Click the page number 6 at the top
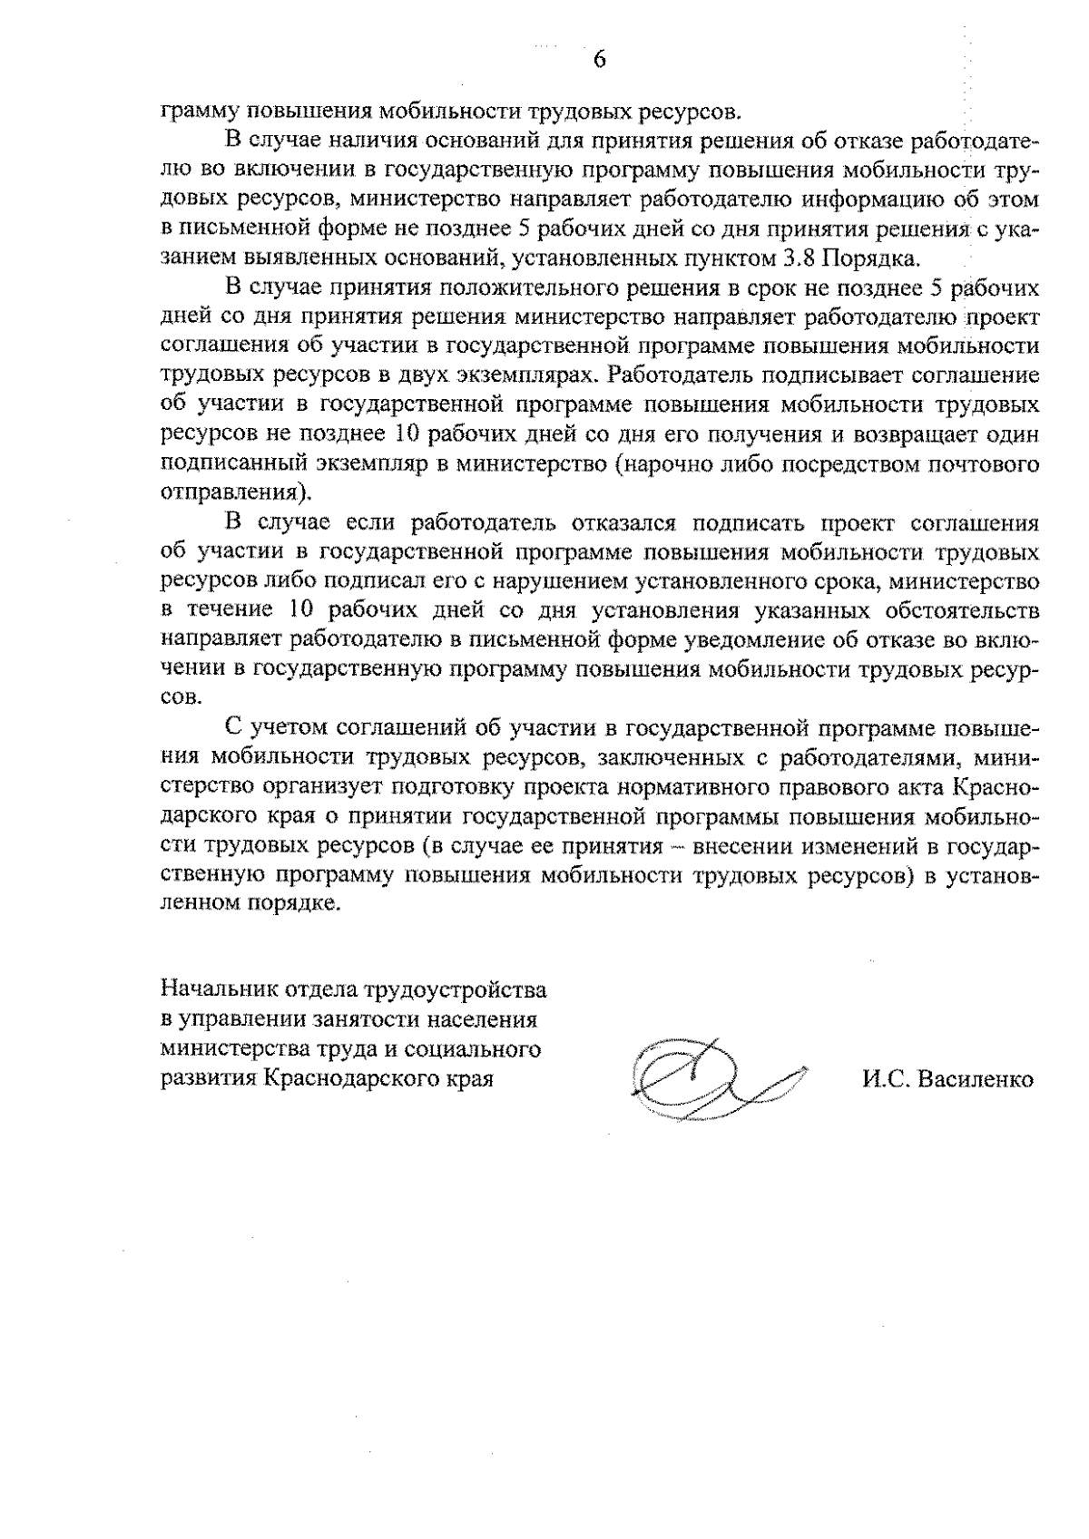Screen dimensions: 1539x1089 pos(599,60)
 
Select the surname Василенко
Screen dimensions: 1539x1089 pos(976,1080)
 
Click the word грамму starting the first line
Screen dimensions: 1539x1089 pos(194,112)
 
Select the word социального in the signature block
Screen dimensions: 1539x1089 pos(477,1049)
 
